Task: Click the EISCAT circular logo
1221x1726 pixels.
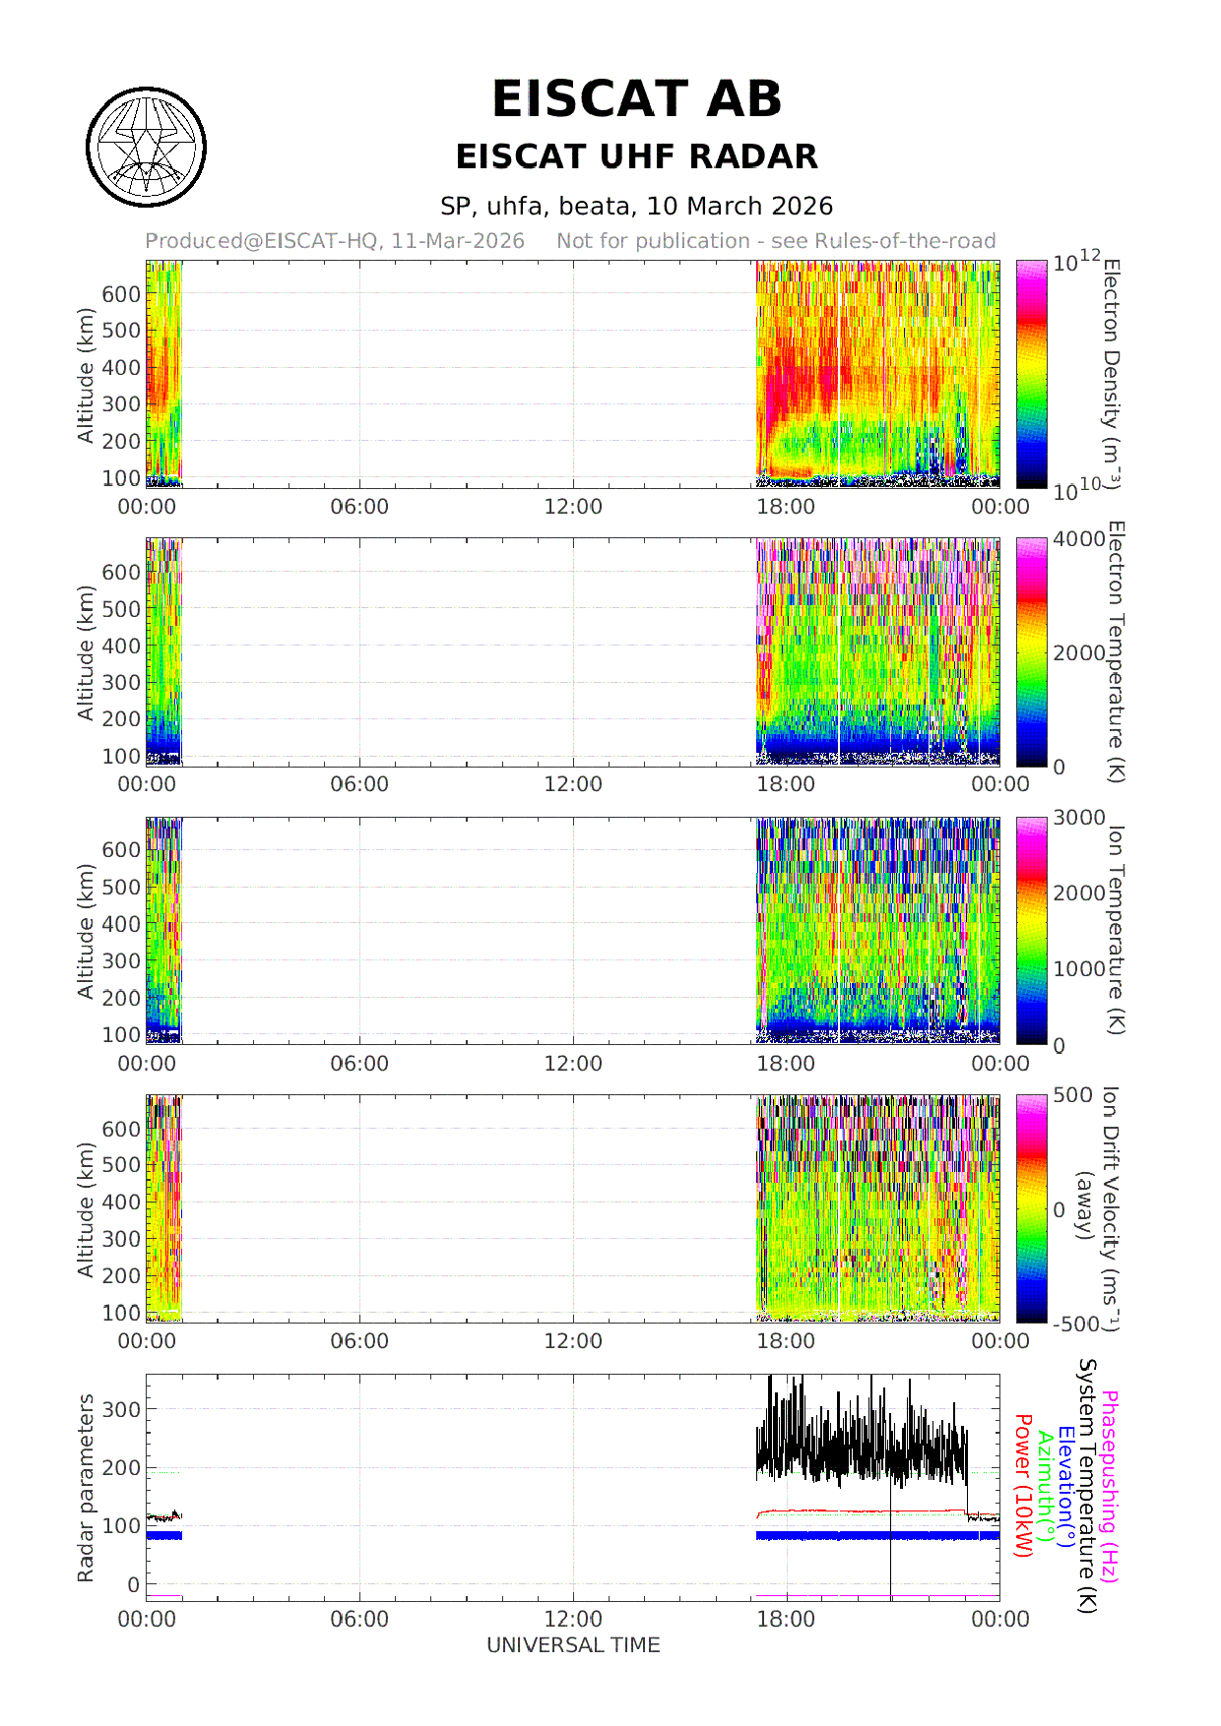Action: pyautogui.click(x=146, y=148)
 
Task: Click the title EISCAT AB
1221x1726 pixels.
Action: pyautogui.click(x=636, y=99)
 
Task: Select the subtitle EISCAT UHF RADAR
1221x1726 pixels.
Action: pyautogui.click(x=636, y=156)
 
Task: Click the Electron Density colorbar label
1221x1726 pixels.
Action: pyautogui.click(x=1111, y=374)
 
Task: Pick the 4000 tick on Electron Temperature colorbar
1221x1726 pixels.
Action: pyautogui.click(x=1079, y=539)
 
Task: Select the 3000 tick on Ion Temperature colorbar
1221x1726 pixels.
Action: pyautogui.click(x=1079, y=818)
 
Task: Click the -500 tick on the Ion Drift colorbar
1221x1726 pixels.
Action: pyautogui.click(x=1076, y=1325)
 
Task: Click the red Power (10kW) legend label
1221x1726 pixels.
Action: pyautogui.click(x=1023, y=1486)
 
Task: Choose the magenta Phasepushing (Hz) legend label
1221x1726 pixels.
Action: pyautogui.click(x=1110, y=1486)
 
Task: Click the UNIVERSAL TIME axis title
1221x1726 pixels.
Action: pyautogui.click(x=573, y=1645)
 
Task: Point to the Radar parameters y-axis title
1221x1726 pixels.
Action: pyautogui.click(x=86, y=1488)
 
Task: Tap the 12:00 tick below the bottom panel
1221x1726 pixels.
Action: pyautogui.click(x=573, y=1620)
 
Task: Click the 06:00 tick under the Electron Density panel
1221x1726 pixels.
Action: pyautogui.click(x=359, y=507)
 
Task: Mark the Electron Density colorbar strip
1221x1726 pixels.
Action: pyautogui.click(x=1032, y=374)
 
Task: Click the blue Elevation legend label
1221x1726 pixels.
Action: pyautogui.click(x=1066, y=1486)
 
